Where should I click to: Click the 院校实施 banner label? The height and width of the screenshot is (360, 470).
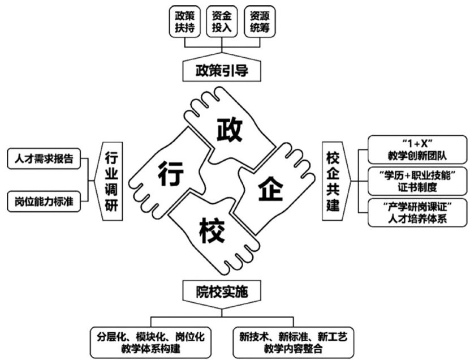[222, 292]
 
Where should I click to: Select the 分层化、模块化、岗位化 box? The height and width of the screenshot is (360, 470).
[151, 342]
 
